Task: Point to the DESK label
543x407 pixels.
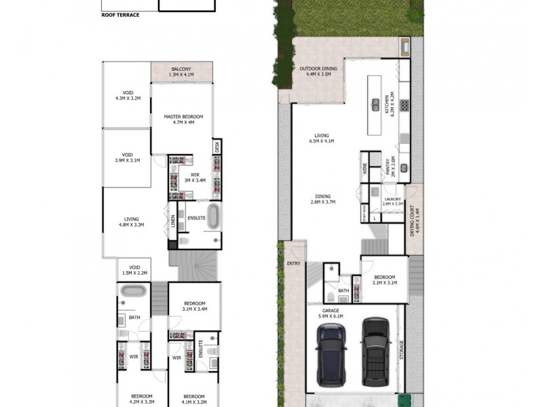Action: coord(217,147)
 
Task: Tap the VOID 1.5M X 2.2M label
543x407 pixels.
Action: coord(134,269)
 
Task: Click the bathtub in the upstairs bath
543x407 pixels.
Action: coord(132,292)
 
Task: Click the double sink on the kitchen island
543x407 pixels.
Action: coord(375,105)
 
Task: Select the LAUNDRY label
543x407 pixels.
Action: coord(393,201)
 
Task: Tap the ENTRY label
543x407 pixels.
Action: coord(293,263)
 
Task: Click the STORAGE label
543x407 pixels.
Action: coord(401,351)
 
